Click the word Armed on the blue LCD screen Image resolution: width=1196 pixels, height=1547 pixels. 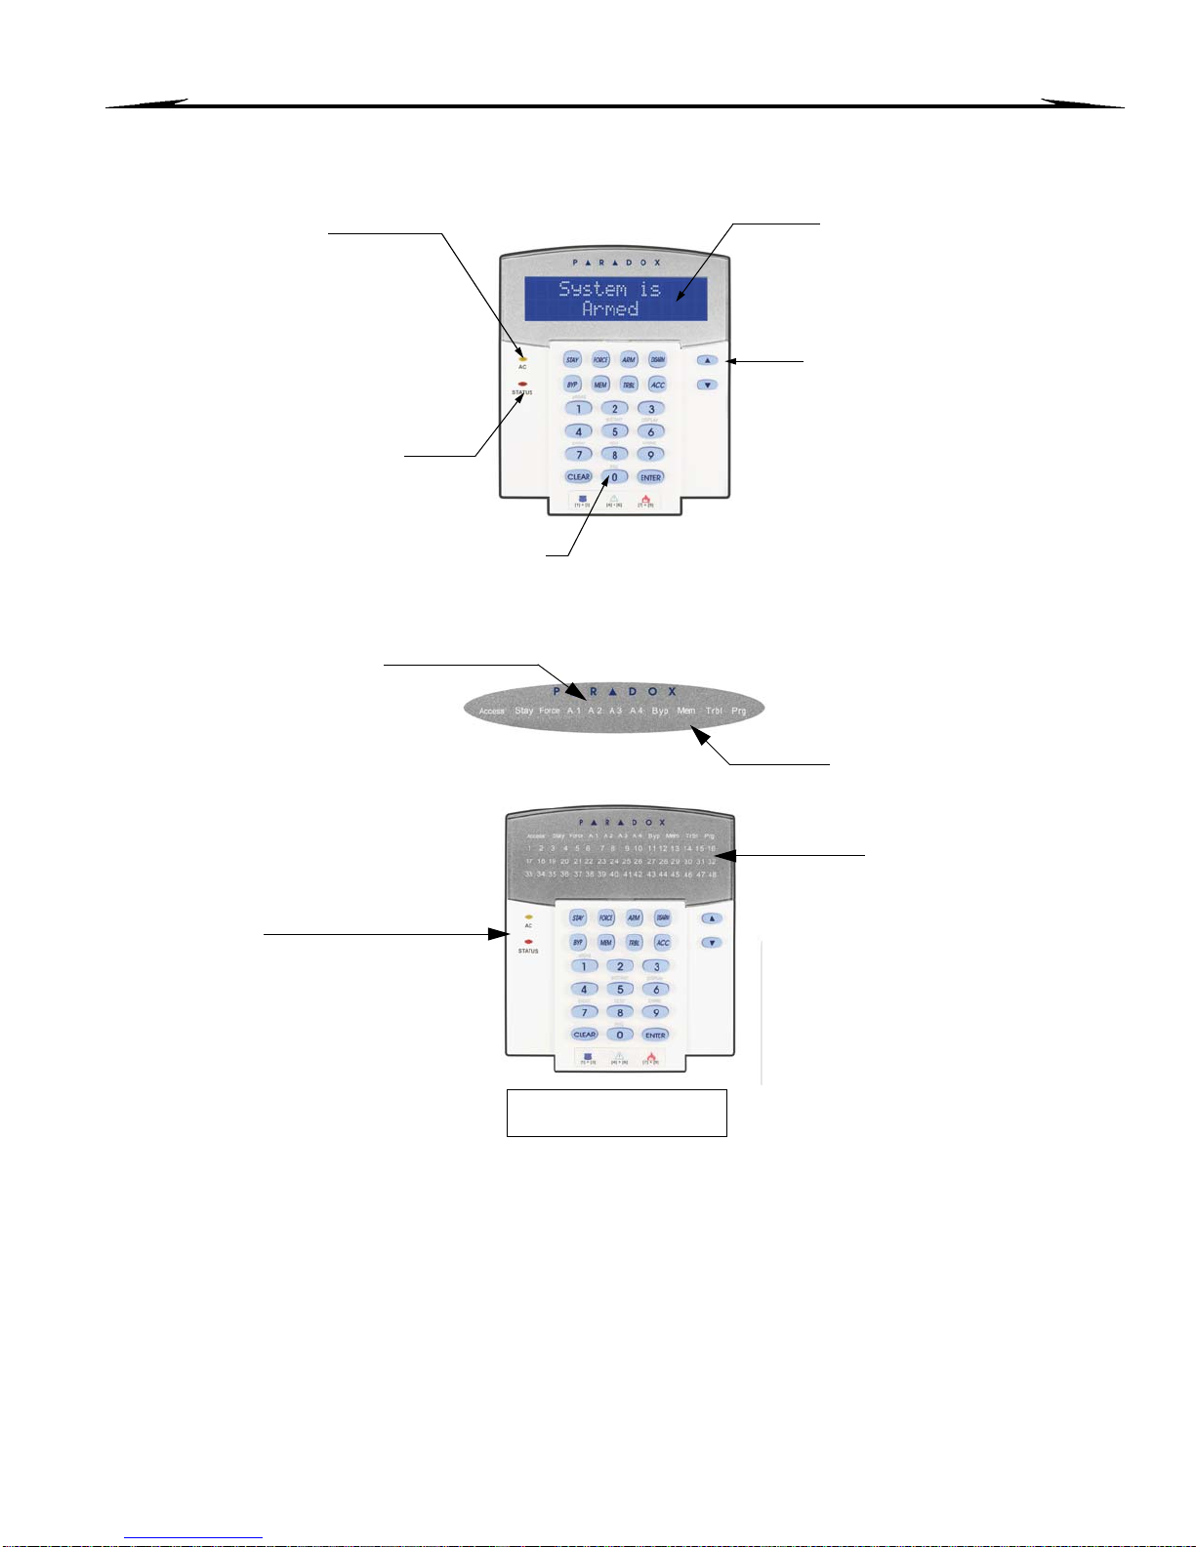coord(610,309)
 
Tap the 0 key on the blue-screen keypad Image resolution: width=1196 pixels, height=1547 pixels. coord(614,477)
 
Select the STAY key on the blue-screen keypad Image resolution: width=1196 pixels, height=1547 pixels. coord(572,360)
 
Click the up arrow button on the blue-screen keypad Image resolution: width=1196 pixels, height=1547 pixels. coord(708,360)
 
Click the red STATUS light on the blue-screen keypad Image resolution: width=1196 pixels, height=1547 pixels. coord(522,384)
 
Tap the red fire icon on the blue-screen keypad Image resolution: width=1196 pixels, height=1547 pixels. coord(645,499)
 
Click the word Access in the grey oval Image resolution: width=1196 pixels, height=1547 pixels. coord(491,712)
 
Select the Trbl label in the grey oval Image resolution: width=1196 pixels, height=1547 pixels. coord(714,711)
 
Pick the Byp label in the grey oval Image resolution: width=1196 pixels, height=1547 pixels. coord(660,711)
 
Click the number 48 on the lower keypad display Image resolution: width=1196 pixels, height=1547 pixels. coord(712,875)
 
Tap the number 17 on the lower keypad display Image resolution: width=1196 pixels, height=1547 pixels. coord(529,862)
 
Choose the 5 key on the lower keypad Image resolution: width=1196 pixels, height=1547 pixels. coord(619,990)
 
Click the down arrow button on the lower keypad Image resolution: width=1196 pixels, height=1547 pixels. coord(713,943)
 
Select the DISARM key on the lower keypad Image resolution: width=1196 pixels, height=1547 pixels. coord(663,918)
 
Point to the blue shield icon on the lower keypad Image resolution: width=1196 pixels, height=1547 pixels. coord(588,1056)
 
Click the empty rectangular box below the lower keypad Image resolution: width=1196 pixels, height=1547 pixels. coord(616,1113)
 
